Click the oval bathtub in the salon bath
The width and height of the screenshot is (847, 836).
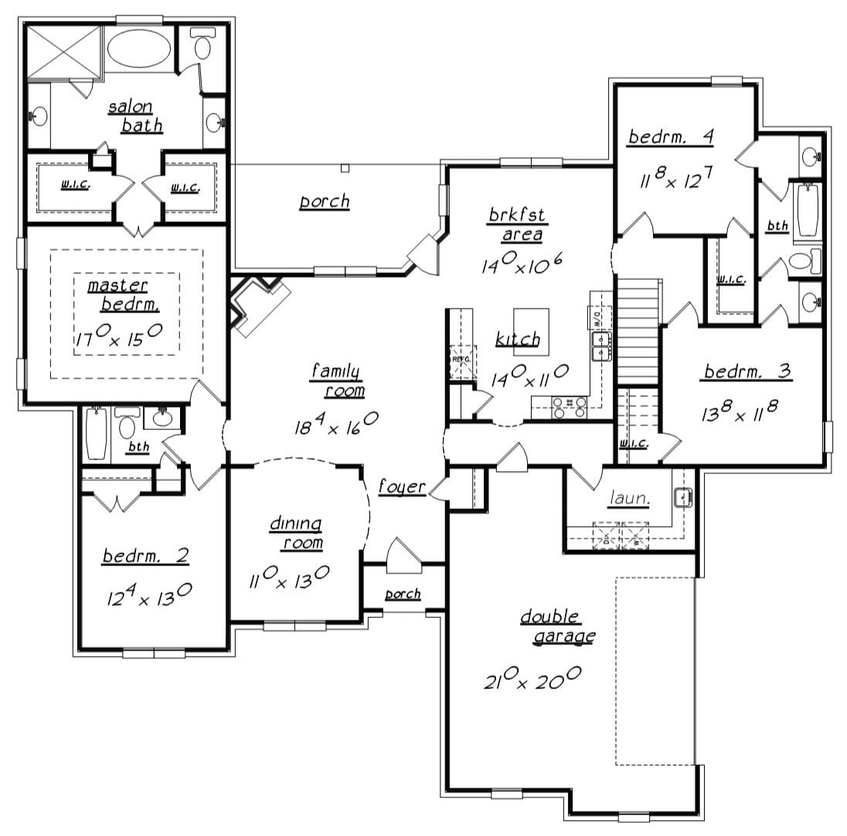tap(140, 48)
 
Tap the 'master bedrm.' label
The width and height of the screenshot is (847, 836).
tap(124, 295)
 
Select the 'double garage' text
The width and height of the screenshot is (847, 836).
tap(556, 626)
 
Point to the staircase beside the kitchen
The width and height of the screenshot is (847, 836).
tap(638, 330)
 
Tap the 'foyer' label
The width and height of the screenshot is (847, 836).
tap(402, 487)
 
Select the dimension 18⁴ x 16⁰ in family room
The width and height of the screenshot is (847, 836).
tap(335, 424)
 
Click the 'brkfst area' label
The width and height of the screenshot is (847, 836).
tap(515, 224)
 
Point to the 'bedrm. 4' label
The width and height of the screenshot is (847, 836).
tap(670, 138)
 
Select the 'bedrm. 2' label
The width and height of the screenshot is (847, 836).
tap(146, 556)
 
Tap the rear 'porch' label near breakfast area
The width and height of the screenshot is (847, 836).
tap(325, 202)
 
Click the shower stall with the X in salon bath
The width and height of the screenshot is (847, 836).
tap(65, 51)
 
